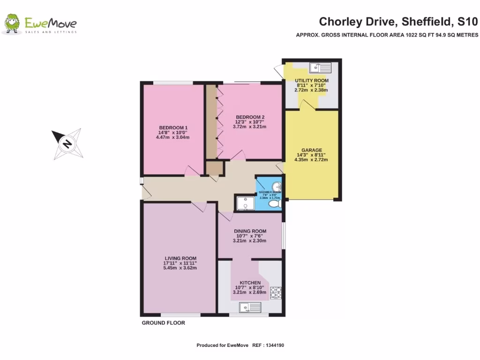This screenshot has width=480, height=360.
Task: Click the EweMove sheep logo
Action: [x=12, y=24]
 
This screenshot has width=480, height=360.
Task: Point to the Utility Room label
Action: [x=311, y=81]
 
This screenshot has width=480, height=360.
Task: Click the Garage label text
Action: [x=311, y=150]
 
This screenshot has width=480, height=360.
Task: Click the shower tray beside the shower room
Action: [x=245, y=203]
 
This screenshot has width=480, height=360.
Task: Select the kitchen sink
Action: [x=250, y=307]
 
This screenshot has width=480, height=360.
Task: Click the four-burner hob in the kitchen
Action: [x=275, y=292]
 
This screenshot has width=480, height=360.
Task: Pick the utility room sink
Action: [x=320, y=68]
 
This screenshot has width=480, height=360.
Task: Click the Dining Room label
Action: [x=250, y=231]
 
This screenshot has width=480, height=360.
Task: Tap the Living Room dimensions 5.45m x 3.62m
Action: [x=180, y=268]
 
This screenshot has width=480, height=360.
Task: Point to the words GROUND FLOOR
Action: [x=163, y=323]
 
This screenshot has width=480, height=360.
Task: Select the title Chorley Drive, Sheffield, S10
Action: [x=398, y=22]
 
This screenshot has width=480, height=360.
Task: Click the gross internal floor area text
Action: [x=387, y=35]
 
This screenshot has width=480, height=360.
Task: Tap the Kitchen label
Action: [x=250, y=283]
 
